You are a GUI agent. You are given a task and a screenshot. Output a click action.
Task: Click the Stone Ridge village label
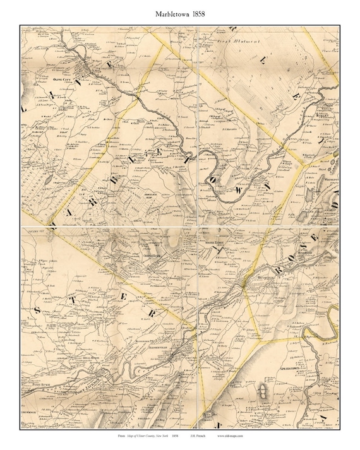click(211, 240)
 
